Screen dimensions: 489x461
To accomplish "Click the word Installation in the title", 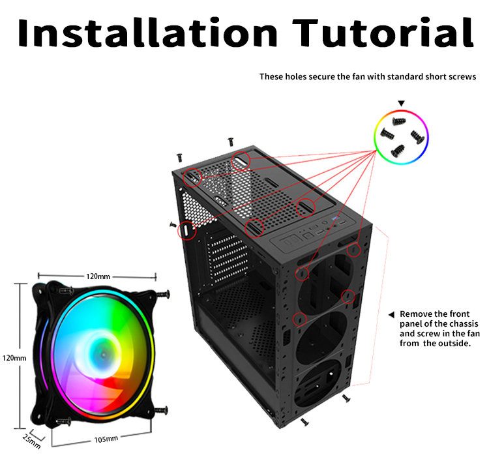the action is tap(147, 33).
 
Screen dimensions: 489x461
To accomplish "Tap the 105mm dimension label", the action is tap(106, 439).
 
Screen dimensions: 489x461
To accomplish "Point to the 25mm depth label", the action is tap(31, 441).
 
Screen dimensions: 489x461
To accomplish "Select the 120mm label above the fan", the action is tap(98, 276).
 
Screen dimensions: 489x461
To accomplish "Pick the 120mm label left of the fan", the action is tap(14, 358).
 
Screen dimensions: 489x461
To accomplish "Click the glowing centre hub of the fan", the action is tap(103, 354).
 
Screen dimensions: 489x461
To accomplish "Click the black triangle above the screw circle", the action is tap(402, 103).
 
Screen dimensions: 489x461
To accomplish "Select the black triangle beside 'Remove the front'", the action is tap(391, 315).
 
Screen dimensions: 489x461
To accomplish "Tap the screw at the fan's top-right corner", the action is tap(162, 293).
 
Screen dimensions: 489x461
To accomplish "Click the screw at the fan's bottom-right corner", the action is tap(161, 411).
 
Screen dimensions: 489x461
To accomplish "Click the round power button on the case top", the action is tap(325, 223).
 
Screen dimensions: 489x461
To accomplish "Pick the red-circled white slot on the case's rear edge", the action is tap(186, 231).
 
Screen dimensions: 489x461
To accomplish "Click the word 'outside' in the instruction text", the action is tap(454, 344).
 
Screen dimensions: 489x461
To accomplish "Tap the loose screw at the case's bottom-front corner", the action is tap(304, 423).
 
